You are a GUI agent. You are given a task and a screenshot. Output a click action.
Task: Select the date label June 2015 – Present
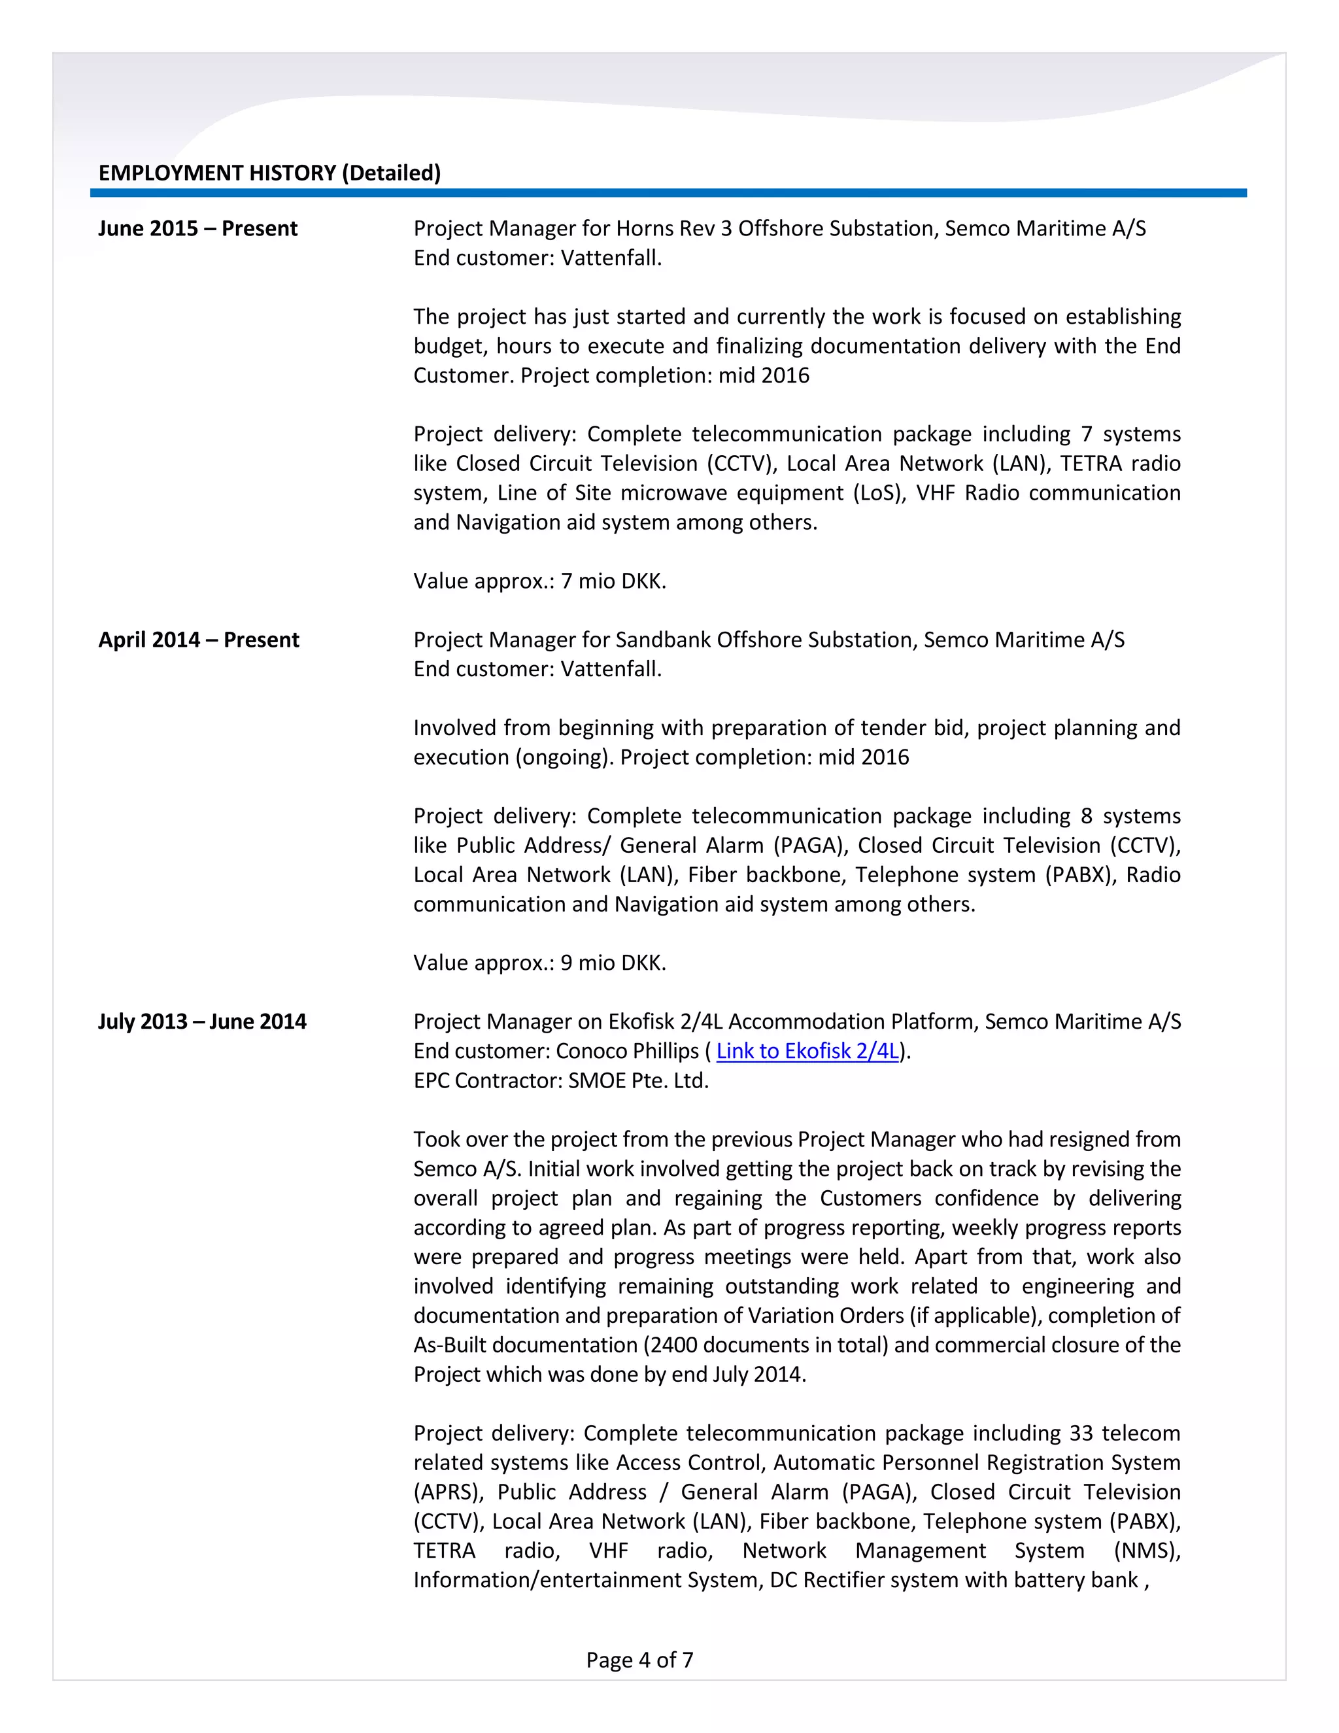pos(197,228)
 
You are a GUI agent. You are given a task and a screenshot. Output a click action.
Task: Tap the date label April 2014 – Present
pos(198,640)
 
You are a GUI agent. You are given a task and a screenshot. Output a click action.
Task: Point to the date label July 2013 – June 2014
pos(201,1021)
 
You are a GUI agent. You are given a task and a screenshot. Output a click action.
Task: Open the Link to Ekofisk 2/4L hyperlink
pos(807,1052)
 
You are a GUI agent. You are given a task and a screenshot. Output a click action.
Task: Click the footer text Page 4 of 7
pos(639,1660)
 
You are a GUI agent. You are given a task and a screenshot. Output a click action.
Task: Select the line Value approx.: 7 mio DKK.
pos(539,581)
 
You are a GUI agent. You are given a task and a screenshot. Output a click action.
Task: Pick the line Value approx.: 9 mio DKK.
pos(539,963)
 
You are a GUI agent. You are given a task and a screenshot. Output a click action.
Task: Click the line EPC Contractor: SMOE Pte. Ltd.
pos(561,1081)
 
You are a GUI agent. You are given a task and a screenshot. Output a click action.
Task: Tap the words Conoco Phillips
pos(626,1052)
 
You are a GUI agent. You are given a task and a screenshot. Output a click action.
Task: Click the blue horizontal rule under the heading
pos(668,193)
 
